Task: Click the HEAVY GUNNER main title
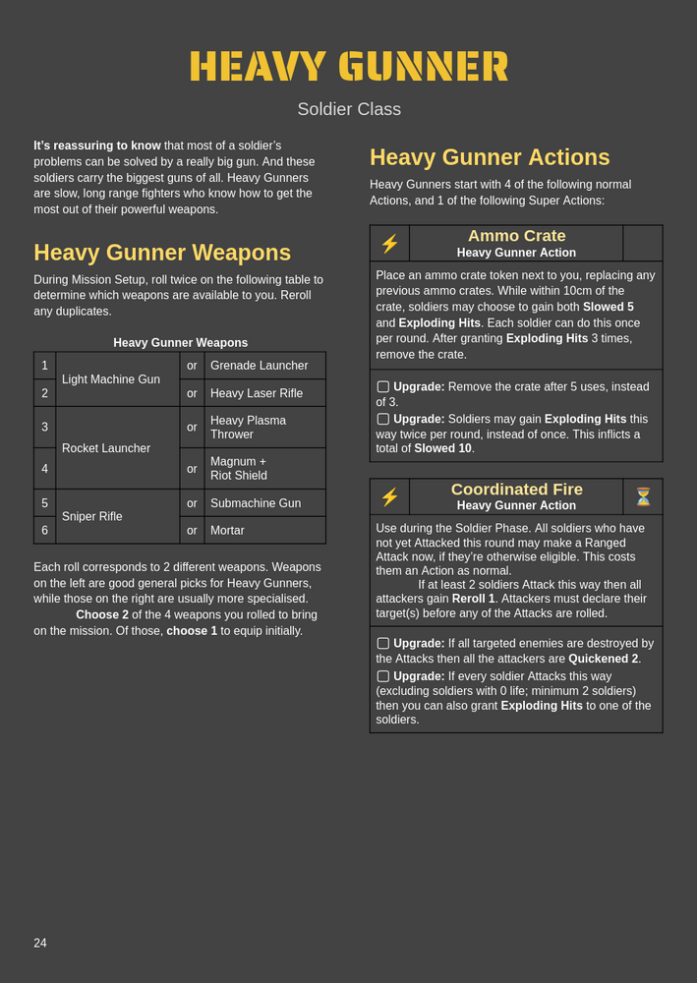click(x=349, y=67)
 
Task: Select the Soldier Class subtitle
click(x=349, y=109)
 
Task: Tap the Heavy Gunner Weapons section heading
click(x=162, y=253)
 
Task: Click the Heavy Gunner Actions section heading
click(x=490, y=157)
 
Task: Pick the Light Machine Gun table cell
click(x=110, y=379)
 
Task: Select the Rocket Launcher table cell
click(x=106, y=448)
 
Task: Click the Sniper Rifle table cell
click(x=91, y=516)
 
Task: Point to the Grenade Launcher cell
click(x=260, y=366)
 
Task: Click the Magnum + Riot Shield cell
click(x=239, y=468)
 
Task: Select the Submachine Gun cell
click(x=255, y=503)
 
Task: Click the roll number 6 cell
click(x=44, y=530)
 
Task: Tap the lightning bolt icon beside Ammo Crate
click(x=389, y=244)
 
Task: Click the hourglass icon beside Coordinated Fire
click(x=643, y=497)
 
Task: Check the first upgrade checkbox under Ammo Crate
click(x=383, y=387)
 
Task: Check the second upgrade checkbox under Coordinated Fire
click(x=383, y=676)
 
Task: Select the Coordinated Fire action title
click(x=516, y=490)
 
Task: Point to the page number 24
click(x=40, y=944)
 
